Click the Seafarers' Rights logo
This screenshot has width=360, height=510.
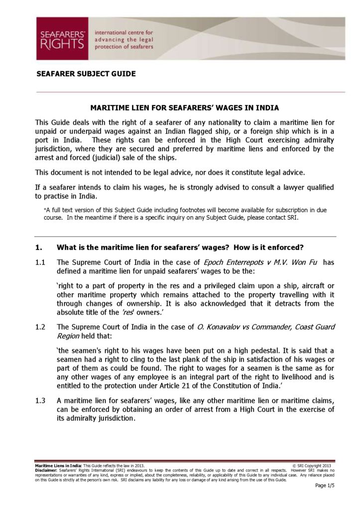[62, 38]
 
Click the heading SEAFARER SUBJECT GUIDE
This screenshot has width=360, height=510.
[86, 74]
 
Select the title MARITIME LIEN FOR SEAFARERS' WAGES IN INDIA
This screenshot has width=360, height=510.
[184, 108]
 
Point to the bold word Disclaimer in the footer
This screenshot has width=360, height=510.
[46, 470]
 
